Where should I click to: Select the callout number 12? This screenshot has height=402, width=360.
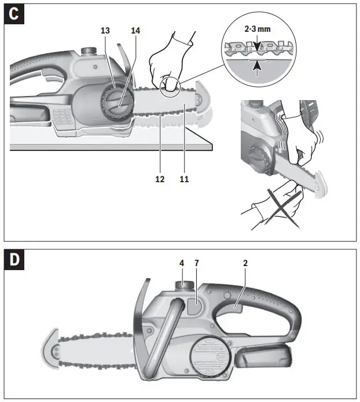coord(160,179)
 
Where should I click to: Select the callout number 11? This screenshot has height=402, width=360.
coord(184,179)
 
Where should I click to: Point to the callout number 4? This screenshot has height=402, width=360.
coord(181,263)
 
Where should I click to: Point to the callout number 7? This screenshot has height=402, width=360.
coord(197,263)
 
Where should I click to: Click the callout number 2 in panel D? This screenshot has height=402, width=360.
coord(245,263)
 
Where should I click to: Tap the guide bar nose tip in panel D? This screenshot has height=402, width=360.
coord(50,350)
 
